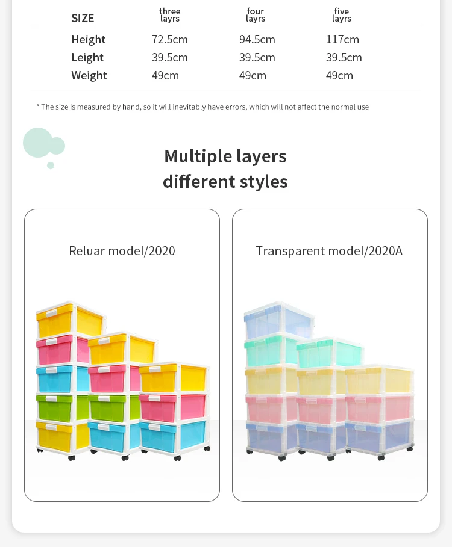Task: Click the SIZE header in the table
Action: click(x=83, y=18)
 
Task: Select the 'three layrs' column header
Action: click(x=170, y=15)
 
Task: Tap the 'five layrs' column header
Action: click(x=341, y=15)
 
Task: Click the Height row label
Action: click(x=88, y=40)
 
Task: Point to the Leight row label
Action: click(x=87, y=58)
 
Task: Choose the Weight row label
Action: click(x=89, y=76)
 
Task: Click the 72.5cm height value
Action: click(x=170, y=40)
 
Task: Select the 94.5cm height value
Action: click(x=257, y=40)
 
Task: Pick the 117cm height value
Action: click(x=342, y=40)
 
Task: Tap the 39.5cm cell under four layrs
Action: click(x=257, y=58)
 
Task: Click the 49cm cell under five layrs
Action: click(x=339, y=76)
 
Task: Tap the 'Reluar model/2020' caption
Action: click(x=122, y=251)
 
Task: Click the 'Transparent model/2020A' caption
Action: click(x=329, y=251)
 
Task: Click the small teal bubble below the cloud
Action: click(x=51, y=165)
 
